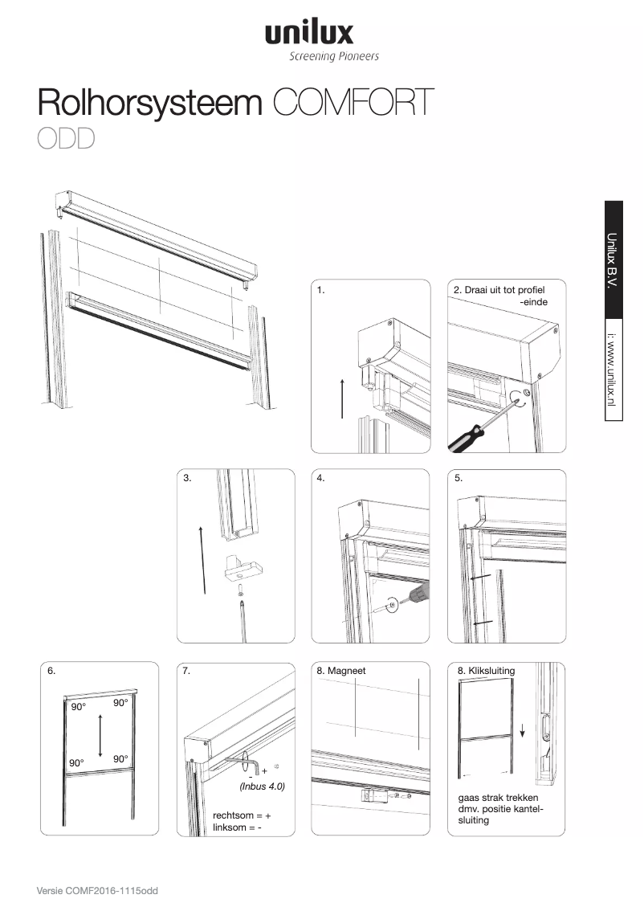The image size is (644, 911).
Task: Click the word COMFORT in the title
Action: point(353,104)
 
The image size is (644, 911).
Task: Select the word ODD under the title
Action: point(66,139)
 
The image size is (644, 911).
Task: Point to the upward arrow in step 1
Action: point(341,397)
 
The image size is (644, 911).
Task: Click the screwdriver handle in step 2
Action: point(464,438)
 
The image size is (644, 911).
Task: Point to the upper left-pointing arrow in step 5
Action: point(479,578)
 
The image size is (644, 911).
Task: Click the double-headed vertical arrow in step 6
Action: point(100,735)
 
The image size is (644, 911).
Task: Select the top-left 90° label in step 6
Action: point(78,707)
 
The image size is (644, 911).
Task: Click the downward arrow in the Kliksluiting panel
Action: point(523,730)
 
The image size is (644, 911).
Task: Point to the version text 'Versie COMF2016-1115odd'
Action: point(96,891)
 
